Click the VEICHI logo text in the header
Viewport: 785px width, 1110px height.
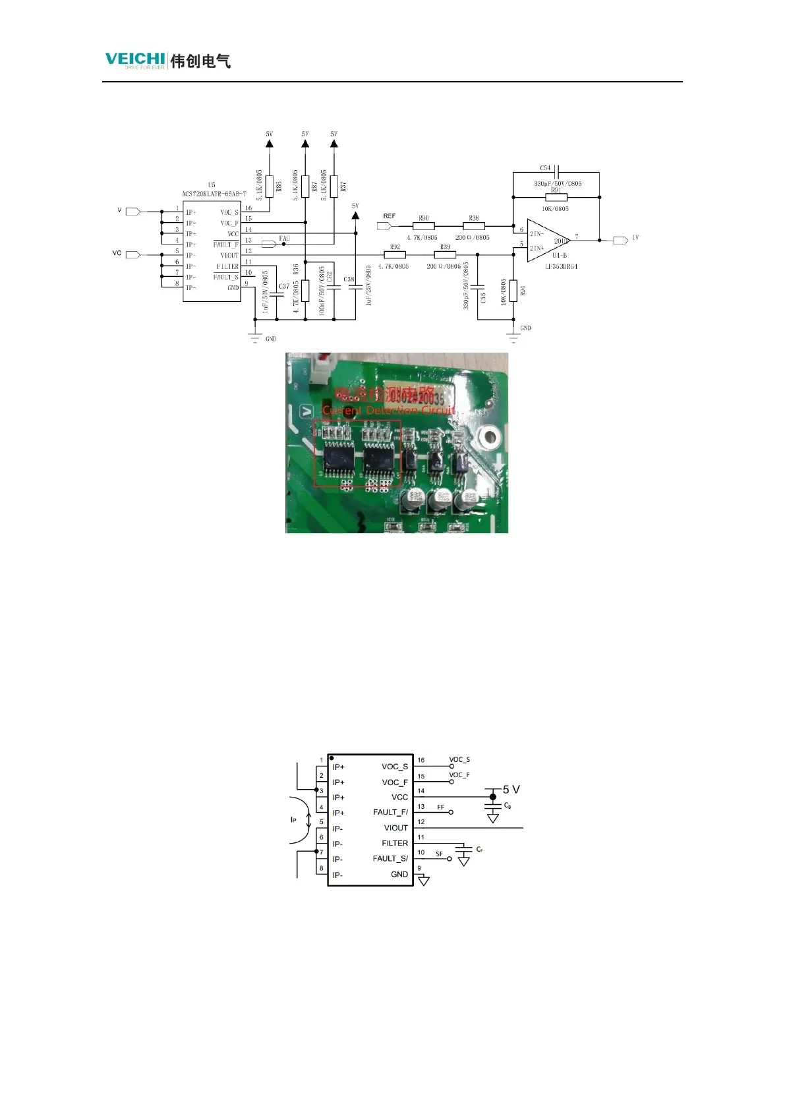pyautogui.click(x=135, y=59)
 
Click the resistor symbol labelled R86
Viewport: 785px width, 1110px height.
pyautogui.click(x=270, y=187)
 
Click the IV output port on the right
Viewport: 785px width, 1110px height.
pyautogui.click(x=620, y=241)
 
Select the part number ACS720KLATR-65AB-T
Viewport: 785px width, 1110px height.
pyautogui.click(x=214, y=194)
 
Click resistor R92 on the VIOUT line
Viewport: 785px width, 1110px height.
pyautogui.click(x=395, y=255)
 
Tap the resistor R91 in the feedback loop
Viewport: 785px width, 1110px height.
pyautogui.click(x=556, y=197)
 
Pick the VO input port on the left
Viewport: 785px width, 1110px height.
pyautogui.click(x=132, y=254)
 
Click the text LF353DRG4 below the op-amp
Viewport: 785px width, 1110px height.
pyautogui.click(x=561, y=266)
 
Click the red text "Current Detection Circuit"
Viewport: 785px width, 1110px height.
pyautogui.click(x=388, y=410)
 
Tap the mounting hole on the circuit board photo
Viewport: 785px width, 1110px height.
pyautogui.click(x=489, y=435)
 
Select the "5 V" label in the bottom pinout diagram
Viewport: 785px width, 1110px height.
pyautogui.click(x=511, y=789)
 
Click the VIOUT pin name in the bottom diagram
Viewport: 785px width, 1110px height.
pyautogui.click(x=395, y=828)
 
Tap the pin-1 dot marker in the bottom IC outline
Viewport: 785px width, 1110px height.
pyautogui.click(x=332, y=758)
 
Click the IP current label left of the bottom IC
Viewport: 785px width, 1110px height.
pyautogui.click(x=294, y=820)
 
